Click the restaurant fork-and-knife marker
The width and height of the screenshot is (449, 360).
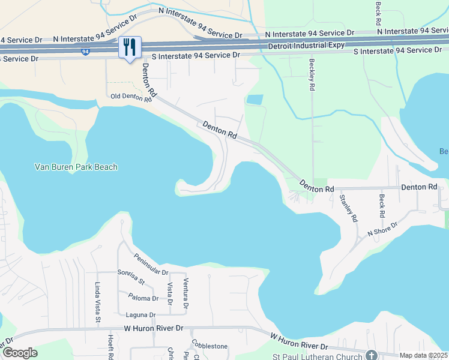[x=130, y=47]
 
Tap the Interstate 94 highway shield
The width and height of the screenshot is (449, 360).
[x=87, y=52]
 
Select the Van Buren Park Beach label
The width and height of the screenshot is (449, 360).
[x=76, y=167]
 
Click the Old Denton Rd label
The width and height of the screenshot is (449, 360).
[x=131, y=97]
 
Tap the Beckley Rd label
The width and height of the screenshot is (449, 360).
[x=312, y=74]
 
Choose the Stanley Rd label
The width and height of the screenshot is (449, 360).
[x=348, y=207]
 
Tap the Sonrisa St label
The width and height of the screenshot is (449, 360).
[x=131, y=277]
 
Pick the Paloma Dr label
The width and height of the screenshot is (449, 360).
[x=143, y=298]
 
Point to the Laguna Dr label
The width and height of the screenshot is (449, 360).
[x=140, y=315]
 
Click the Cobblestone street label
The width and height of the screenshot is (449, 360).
[x=209, y=346]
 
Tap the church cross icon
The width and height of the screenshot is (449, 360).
[x=372, y=355]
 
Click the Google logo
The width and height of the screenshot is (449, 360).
[x=19, y=353]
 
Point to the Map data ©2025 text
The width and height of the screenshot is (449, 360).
[x=423, y=355]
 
